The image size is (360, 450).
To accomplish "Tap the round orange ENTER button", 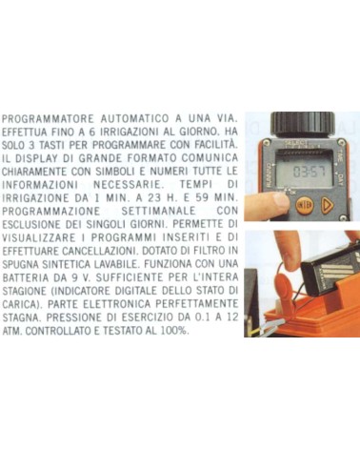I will (304, 206).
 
